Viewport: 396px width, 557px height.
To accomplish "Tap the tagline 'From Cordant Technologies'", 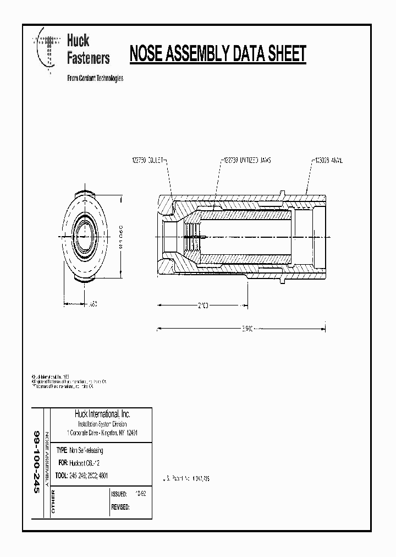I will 95,78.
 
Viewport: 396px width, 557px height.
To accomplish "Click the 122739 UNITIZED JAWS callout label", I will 247,160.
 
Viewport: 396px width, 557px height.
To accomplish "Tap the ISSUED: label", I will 119,494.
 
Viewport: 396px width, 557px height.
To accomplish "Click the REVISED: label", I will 120,507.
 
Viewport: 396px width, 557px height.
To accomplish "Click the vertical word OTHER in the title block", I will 53,503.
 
